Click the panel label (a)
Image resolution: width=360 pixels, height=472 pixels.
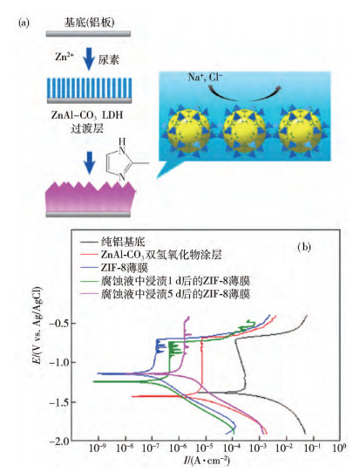coord(24,24)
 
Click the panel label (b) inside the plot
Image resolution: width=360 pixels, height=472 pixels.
coord(304,247)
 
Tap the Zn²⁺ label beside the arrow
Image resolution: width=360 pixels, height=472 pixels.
coord(65,57)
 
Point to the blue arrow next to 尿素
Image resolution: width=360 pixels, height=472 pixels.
coord(89,58)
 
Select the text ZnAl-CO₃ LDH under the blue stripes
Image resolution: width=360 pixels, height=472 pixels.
coord(87,115)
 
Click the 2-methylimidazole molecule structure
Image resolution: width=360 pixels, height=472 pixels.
coord(125,160)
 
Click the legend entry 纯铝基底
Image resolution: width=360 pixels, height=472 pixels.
coord(112,242)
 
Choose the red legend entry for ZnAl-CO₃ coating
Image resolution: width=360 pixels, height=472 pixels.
coord(152,255)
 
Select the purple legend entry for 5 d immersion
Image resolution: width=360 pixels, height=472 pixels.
coord(166,293)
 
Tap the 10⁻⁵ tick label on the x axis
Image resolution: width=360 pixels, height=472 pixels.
coord(205,448)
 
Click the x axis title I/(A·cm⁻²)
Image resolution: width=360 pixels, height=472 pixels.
coord(207,461)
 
